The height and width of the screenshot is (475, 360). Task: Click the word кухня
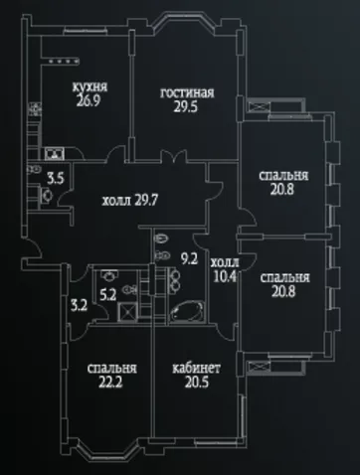[90, 87]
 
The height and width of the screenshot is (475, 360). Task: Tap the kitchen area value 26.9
[88, 100]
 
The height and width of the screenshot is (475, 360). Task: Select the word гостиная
[187, 92]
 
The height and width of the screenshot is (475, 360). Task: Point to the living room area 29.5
[186, 106]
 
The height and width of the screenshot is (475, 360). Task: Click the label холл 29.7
[129, 200]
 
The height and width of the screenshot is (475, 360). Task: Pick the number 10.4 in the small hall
[225, 276]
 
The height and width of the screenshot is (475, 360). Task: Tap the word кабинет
[196, 369]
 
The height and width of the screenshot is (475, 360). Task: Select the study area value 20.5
[196, 383]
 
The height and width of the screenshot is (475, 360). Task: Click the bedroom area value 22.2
[110, 383]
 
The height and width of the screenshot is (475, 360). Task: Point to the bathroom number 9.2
[189, 259]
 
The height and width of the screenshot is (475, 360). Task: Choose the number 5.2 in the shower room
[107, 294]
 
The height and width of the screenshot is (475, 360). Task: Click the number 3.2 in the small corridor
[80, 305]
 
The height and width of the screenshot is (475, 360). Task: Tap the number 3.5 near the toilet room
[56, 179]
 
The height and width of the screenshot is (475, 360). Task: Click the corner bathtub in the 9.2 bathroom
[186, 311]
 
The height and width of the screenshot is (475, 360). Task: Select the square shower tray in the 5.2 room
[127, 312]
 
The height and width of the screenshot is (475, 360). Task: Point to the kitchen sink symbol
[54, 153]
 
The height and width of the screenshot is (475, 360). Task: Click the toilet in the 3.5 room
[46, 196]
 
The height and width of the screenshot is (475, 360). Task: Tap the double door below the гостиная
[172, 156]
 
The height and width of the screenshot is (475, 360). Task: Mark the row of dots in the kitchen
[64, 62]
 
